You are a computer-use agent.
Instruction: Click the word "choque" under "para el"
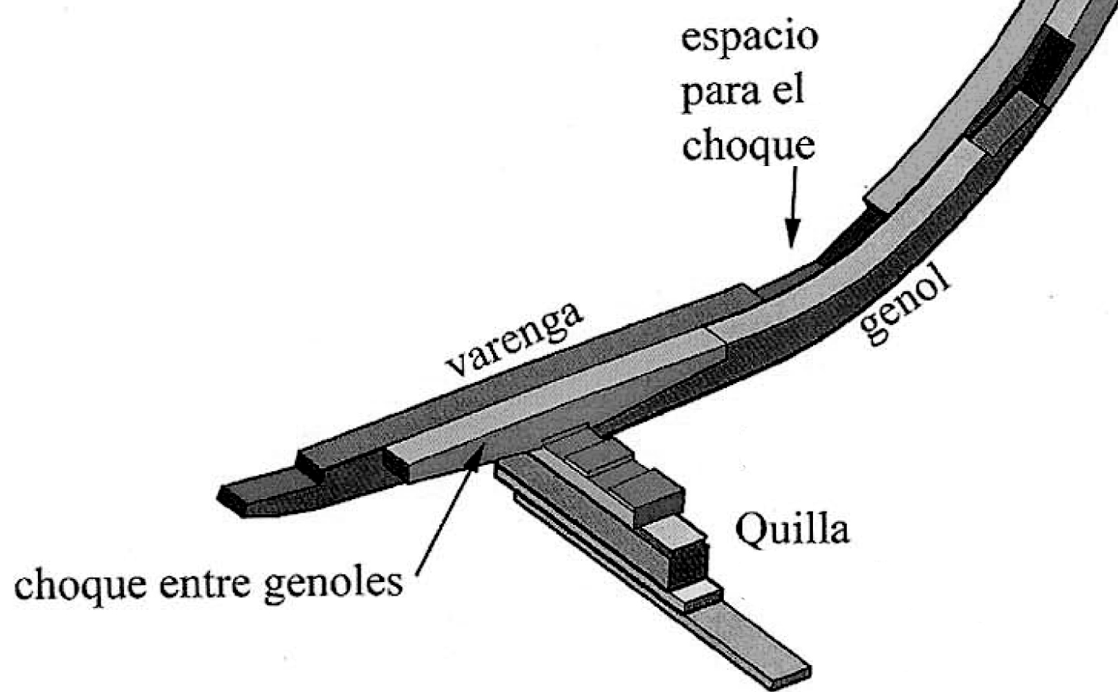click(x=749, y=145)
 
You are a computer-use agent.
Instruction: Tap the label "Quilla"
click(x=792, y=531)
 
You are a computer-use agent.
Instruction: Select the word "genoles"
click(x=333, y=585)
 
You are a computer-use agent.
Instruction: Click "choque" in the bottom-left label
click(x=80, y=585)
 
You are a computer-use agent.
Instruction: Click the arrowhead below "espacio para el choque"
click(x=792, y=234)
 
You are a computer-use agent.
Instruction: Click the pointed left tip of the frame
click(x=221, y=497)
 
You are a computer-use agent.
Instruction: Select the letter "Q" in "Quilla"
click(x=751, y=531)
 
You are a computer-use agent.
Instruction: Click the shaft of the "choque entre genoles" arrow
click(x=444, y=520)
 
